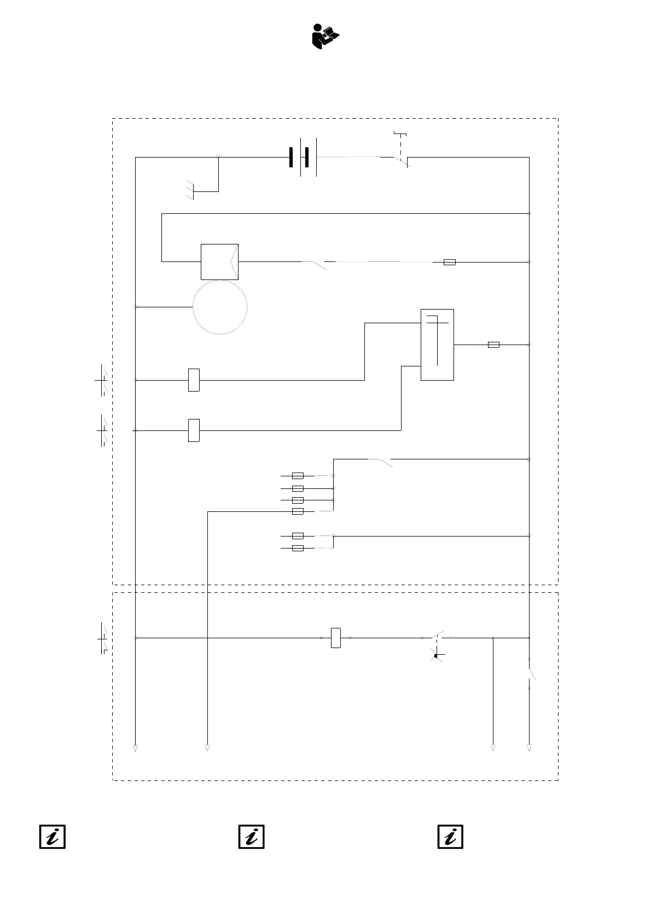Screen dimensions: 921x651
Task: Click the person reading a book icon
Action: (x=326, y=37)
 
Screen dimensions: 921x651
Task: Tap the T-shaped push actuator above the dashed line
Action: (x=400, y=133)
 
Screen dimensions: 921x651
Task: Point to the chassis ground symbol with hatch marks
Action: (x=190, y=189)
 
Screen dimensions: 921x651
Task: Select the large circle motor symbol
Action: (x=220, y=307)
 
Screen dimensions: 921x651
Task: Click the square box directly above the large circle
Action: (x=219, y=261)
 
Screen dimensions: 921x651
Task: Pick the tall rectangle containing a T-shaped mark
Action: (x=437, y=345)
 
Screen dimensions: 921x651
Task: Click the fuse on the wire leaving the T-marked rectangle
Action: (x=493, y=345)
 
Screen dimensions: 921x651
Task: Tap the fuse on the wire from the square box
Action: (x=449, y=262)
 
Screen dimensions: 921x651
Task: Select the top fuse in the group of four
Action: (x=298, y=476)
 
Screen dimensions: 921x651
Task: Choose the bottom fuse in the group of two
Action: (x=298, y=548)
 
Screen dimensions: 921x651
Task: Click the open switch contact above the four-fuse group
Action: (x=381, y=462)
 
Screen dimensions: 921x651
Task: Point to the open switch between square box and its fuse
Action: (x=314, y=265)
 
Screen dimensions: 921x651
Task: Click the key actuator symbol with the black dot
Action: (x=437, y=655)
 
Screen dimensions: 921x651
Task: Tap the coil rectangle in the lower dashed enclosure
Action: (x=336, y=638)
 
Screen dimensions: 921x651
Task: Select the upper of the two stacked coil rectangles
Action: (x=194, y=380)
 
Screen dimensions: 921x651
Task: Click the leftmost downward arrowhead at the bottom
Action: (x=135, y=748)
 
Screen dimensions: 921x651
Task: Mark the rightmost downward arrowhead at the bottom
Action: (x=529, y=748)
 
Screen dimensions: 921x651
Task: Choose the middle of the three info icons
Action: (x=252, y=837)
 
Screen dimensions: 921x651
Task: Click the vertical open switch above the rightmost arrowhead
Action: (x=531, y=674)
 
